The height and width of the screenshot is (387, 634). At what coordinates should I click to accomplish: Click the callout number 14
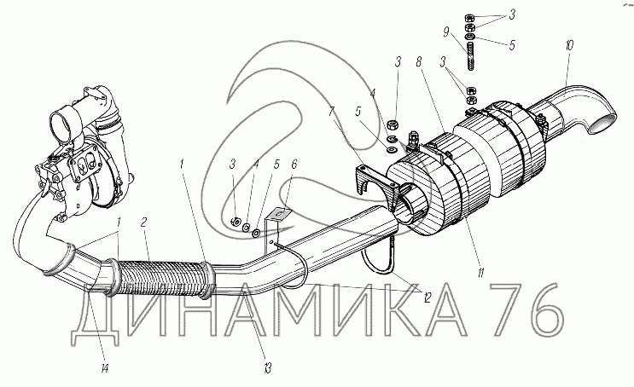104,368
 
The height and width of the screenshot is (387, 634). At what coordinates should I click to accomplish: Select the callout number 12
427,297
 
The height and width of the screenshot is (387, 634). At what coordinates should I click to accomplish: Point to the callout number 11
480,274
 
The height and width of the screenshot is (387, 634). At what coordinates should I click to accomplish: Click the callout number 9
446,32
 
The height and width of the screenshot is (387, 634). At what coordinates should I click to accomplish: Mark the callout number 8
418,62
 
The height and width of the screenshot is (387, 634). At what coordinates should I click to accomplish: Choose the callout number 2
143,222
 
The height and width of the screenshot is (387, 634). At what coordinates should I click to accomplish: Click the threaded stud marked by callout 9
470,57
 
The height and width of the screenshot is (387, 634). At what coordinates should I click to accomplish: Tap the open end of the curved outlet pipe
603,124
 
